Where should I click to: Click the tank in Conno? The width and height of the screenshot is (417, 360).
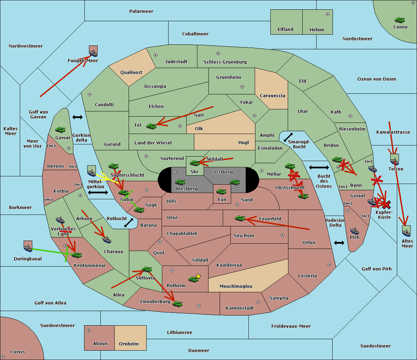tap(400, 20)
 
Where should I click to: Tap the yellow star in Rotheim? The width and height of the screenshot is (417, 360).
tap(198, 276)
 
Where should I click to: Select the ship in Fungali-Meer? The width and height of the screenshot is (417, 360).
tap(93, 53)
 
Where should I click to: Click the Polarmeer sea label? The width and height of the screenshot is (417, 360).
tap(141, 11)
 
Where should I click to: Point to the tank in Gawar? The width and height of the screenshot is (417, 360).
tap(60, 130)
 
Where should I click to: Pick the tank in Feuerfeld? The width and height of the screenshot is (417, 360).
tap(240, 218)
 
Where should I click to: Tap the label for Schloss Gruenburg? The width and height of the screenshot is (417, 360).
tap(225, 62)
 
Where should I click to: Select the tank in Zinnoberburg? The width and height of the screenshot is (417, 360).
tap(177, 304)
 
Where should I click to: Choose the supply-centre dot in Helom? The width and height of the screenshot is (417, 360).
tap(327, 14)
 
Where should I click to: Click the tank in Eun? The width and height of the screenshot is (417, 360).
tap(221, 191)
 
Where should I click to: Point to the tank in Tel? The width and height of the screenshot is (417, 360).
tap(151, 126)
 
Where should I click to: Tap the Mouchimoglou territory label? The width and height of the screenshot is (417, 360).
tap(236, 286)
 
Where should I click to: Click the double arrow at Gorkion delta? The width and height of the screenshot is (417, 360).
tap(77, 117)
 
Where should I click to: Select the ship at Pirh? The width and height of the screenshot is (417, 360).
tap(354, 231)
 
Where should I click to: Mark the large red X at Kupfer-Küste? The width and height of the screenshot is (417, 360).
tap(386, 204)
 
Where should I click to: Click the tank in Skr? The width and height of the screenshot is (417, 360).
tap(195, 163)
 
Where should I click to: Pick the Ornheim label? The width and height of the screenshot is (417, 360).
tap(129, 344)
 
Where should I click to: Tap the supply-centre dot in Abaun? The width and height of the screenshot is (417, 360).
tap(89, 330)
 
